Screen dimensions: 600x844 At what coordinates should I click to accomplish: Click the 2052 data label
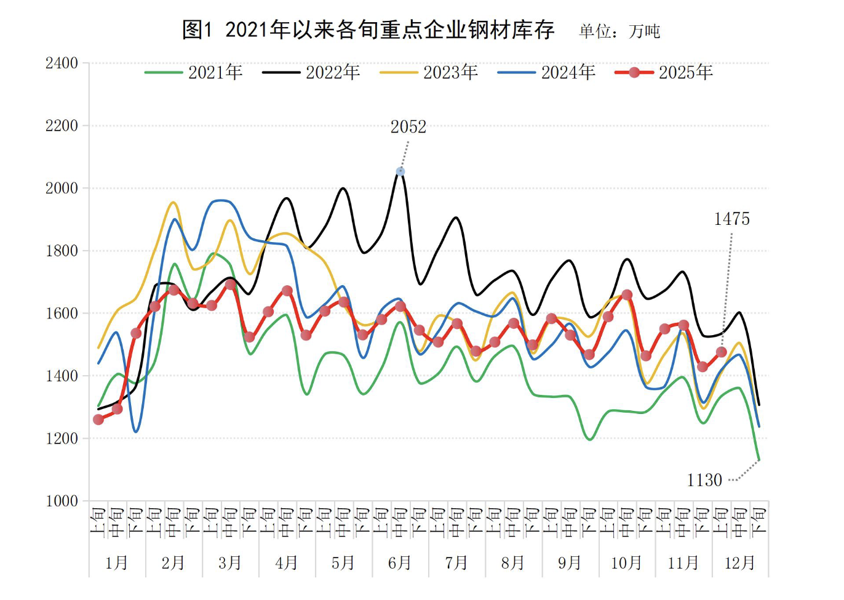coord(408,127)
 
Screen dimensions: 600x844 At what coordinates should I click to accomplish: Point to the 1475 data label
coord(731,219)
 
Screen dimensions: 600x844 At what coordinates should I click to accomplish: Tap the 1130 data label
coord(704,480)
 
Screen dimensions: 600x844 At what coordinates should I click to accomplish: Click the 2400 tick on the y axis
coord(62,63)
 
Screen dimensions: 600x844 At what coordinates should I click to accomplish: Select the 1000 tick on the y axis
coord(62,501)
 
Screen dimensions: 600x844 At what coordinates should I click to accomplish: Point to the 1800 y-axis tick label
coord(62,251)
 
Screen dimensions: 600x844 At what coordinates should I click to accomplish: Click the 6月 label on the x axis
coord(400,563)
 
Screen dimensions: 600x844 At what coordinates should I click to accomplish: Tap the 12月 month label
coord(739,563)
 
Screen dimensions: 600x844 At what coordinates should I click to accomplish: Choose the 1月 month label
coord(117,563)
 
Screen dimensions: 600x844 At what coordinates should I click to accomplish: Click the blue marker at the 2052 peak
coord(400,172)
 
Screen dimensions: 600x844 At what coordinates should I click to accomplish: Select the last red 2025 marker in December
coord(722,352)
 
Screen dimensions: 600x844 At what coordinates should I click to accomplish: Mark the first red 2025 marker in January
coord(98,420)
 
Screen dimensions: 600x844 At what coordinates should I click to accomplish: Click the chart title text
coord(368,30)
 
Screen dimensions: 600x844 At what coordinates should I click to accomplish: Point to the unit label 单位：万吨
coord(619,31)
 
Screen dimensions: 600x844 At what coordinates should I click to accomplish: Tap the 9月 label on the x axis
coord(570,563)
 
